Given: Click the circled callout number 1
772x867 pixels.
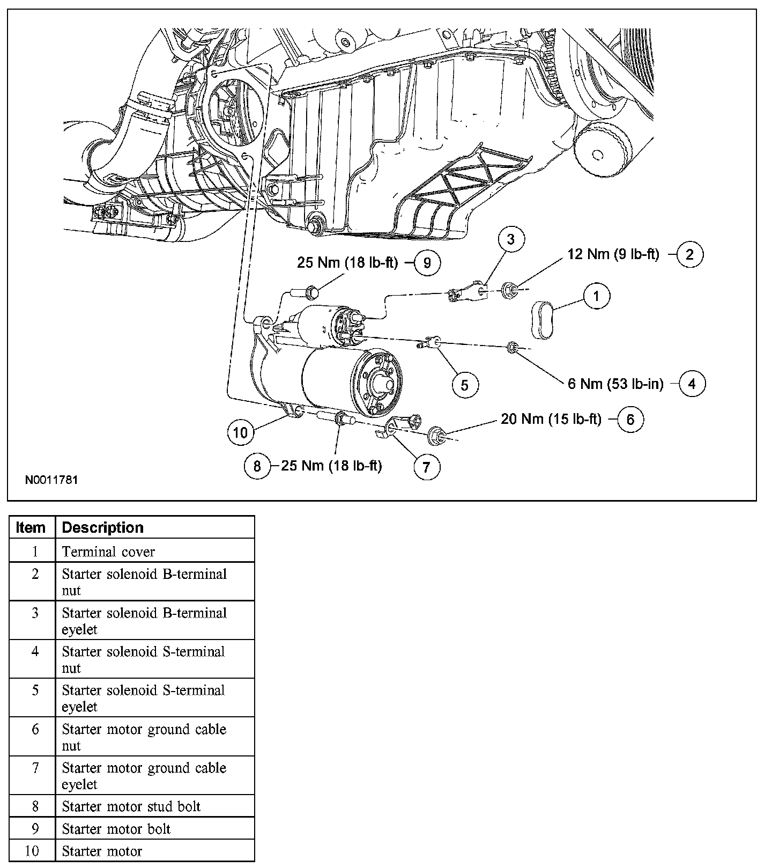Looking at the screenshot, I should click(597, 296).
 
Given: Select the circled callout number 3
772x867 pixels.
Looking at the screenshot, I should click(510, 239).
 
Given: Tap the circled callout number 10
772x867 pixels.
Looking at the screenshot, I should click(241, 432).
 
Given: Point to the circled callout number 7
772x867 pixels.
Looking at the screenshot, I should click(426, 467).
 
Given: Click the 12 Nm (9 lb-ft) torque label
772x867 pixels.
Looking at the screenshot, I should click(613, 254).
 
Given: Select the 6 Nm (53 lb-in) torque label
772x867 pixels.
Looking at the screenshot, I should click(615, 384).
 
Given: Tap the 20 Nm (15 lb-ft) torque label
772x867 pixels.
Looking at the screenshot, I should click(551, 419).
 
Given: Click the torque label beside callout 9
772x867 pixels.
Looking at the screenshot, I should click(347, 263).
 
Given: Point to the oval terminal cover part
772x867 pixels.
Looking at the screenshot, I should click(544, 320).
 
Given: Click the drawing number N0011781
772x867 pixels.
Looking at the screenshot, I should click(51, 480).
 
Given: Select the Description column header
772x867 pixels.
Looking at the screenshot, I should click(103, 528).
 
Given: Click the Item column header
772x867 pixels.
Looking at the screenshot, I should click(31, 528).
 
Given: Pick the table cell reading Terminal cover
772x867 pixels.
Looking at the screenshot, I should click(108, 552).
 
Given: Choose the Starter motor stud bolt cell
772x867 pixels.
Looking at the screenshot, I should click(131, 806).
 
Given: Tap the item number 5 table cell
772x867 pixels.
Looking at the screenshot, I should click(35, 690).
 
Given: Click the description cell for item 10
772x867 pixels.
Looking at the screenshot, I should click(102, 851).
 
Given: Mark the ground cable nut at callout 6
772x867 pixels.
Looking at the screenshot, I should click(435, 437).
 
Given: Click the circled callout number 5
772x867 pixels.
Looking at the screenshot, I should click(464, 385).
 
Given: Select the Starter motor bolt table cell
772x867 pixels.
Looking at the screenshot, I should click(116, 829).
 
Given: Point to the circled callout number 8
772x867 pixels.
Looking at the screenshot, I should click(257, 466).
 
